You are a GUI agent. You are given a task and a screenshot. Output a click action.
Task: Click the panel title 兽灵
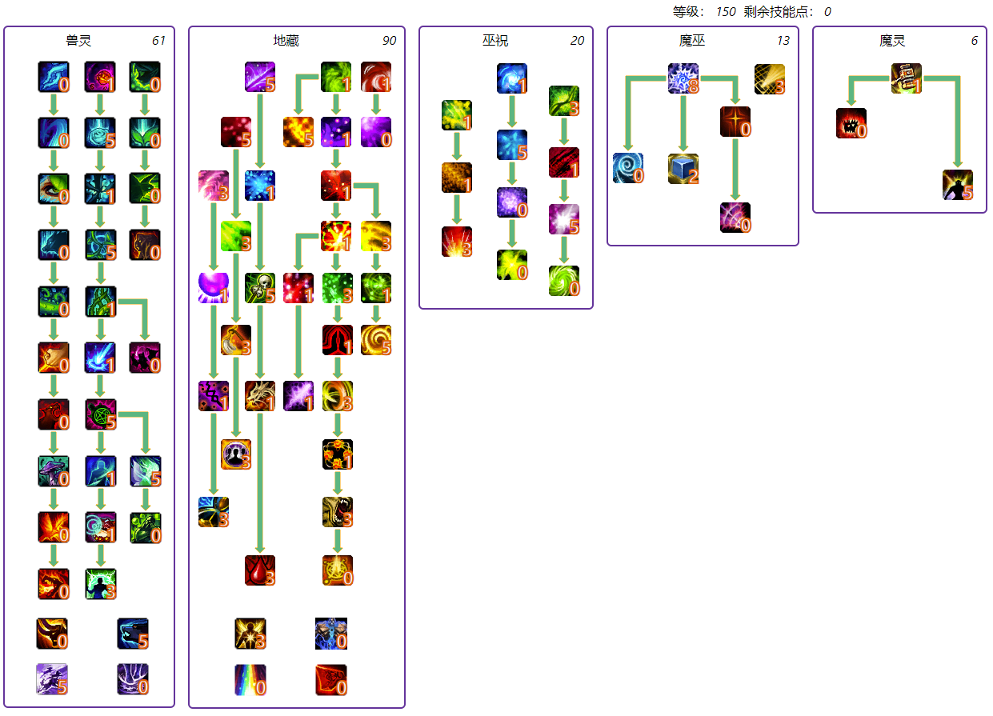(78, 41)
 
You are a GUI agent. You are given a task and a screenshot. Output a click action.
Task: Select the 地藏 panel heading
(286, 41)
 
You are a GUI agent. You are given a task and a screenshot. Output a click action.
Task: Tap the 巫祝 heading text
(494, 41)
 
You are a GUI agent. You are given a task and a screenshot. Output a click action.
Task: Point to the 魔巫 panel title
(692, 41)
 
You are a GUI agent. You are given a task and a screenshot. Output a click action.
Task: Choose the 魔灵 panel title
(891, 41)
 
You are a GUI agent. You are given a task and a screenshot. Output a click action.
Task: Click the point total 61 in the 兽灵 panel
(158, 41)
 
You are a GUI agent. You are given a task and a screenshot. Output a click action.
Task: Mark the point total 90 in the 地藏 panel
(389, 41)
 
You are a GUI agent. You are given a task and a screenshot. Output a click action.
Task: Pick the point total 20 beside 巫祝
(577, 41)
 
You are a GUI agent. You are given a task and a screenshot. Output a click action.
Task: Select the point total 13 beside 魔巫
(783, 41)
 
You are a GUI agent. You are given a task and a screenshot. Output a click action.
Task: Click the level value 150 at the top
(726, 12)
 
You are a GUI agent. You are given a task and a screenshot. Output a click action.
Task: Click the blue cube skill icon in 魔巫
(683, 169)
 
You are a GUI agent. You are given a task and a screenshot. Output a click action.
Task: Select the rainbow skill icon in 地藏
(250, 680)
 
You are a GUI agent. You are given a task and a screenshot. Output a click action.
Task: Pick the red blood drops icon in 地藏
(260, 570)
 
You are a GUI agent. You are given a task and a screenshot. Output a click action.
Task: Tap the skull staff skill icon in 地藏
(260, 288)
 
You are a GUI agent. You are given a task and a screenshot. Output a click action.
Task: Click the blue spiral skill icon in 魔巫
(628, 169)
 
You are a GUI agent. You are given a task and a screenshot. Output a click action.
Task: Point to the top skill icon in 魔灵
(907, 78)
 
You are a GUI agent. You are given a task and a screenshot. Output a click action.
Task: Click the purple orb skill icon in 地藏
(214, 288)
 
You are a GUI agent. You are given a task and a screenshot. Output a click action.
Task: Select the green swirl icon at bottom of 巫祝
(564, 281)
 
